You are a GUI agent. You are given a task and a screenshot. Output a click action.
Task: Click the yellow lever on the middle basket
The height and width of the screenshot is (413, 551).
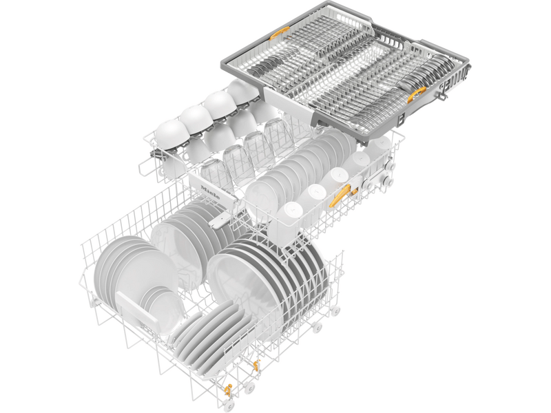click(338, 198)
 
